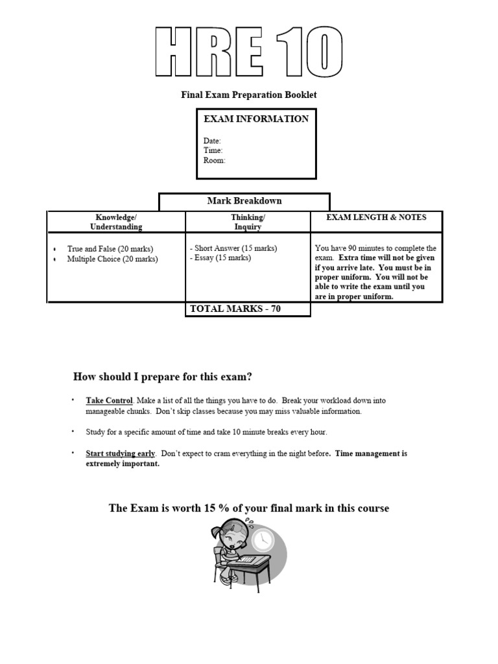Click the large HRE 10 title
tap(249, 53)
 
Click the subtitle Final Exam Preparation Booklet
tap(248, 95)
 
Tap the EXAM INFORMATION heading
tap(256, 119)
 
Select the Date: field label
tap(212, 141)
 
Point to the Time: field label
tap(213, 150)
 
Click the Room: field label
tap(214, 160)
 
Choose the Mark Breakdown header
tap(244, 201)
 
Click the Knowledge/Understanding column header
tap(116, 222)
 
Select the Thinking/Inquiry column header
tap(248, 222)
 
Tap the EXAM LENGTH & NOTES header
tap(376, 217)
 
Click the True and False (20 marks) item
tap(110, 248)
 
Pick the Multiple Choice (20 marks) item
tap(112, 259)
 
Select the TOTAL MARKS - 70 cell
tap(235, 309)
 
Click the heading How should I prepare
tap(163, 376)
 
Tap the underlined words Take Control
tap(109, 401)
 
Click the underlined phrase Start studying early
tap(121, 453)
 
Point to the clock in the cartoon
tap(262, 539)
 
